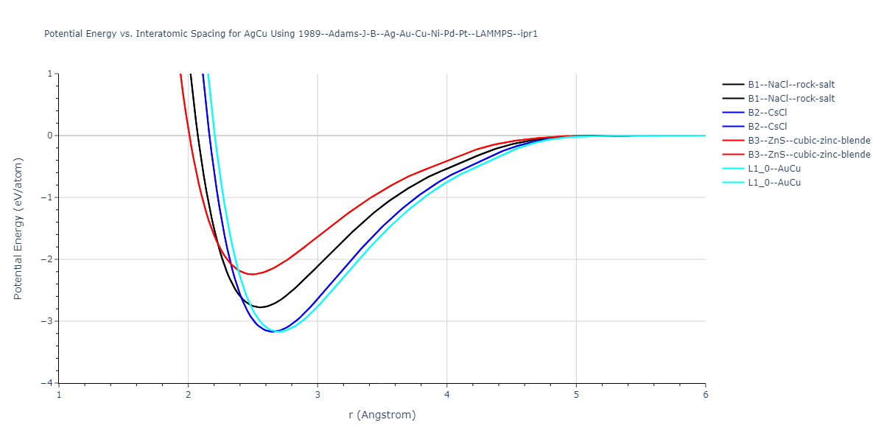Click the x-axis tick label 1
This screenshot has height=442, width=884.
pyautogui.click(x=59, y=394)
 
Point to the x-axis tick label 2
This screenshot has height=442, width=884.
pyautogui.click(x=189, y=394)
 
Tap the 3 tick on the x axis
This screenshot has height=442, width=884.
pyautogui.click(x=318, y=394)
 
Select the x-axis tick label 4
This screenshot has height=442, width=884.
pyautogui.click(x=447, y=394)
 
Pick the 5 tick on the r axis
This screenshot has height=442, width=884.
pyautogui.click(x=576, y=394)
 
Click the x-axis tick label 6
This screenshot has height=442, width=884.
pyautogui.click(x=706, y=394)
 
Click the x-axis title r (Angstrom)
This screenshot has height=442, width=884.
pyautogui.click(x=382, y=415)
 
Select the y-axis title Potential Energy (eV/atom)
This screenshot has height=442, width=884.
pyautogui.click(x=18, y=228)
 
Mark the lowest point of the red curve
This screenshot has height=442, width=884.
pyautogui.click(x=253, y=274)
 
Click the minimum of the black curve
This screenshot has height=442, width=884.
pyautogui.click(x=260, y=307)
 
